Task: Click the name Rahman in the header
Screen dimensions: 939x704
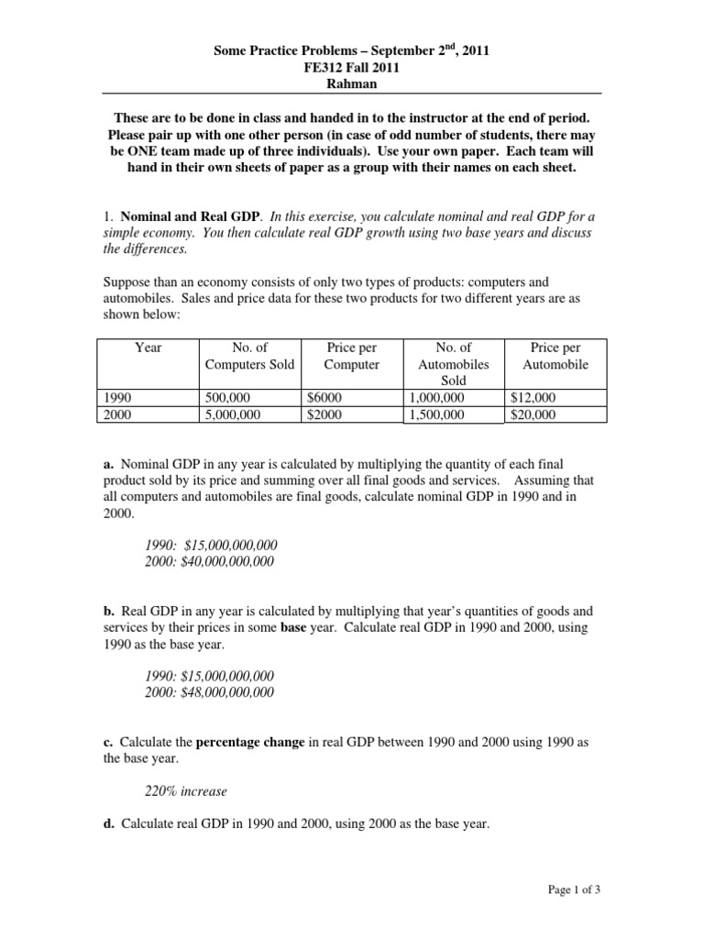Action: (x=351, y=83)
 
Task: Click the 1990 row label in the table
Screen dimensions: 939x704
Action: (x=120, y=398)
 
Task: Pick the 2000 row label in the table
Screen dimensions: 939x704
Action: (x=120, y=414)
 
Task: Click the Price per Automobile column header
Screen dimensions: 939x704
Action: (x=555, y=356)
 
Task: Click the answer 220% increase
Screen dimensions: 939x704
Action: (x=187, y=790)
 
